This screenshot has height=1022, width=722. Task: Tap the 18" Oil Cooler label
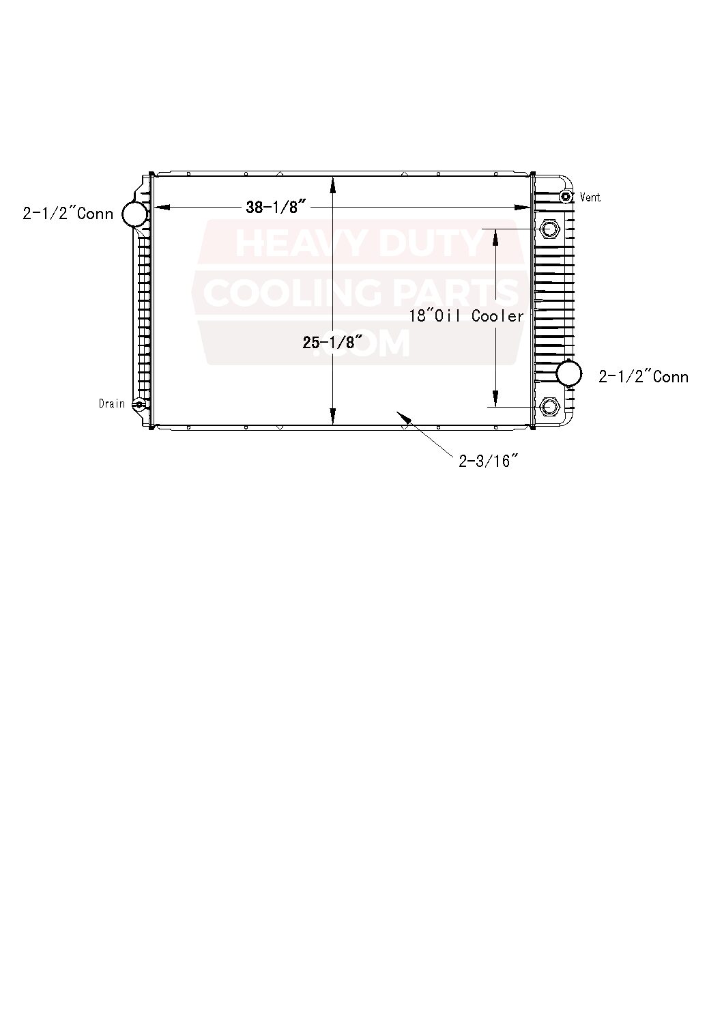point(467,316)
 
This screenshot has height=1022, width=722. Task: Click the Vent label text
point(590,197)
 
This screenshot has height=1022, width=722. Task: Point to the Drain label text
point(112,403)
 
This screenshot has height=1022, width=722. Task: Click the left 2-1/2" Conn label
point(68,214)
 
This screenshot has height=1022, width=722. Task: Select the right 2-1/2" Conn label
point(644,377)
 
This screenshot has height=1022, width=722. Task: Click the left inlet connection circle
point(135,214)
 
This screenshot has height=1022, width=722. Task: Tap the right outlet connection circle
point(569,373)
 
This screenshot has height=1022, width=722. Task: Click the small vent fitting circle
point(566,197)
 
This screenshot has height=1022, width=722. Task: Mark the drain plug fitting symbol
point(139,404)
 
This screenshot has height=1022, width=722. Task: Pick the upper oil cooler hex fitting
point(549,228)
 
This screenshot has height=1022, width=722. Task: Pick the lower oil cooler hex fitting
point(549,408)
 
